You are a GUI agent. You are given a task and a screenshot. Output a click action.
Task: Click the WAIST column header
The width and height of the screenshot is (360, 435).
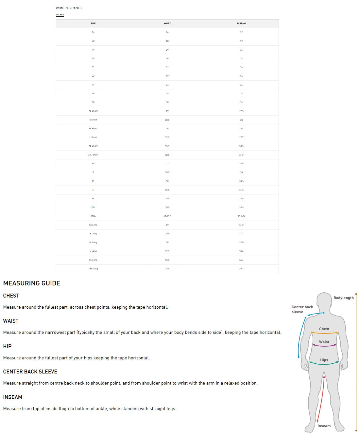[167, 24]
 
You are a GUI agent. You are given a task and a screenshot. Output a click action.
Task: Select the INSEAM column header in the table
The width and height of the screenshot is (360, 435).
[241, 24]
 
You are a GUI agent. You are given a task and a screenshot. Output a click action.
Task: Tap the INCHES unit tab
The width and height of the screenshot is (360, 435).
[60, 15]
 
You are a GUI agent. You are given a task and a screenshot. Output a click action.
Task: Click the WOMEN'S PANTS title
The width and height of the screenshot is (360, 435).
[69, 8]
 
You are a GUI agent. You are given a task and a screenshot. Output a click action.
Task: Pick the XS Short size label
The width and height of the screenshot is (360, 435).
[93, 111]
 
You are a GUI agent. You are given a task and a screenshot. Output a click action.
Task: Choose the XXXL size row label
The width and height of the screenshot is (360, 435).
[93, 216]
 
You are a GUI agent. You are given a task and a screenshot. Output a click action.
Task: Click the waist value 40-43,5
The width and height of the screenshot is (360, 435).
[167, 216]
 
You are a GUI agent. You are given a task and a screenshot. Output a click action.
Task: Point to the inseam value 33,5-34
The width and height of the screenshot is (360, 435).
[241, 216]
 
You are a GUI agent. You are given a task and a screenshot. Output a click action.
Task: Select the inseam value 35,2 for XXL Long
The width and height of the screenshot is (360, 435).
[241, 269]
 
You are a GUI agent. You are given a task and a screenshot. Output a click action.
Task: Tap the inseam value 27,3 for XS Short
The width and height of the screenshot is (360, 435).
[241, 111]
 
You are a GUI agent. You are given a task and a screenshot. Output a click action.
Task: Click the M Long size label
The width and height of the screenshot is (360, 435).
[93, 243]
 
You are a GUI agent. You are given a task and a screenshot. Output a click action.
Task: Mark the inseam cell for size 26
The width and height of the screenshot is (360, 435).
[241, 32]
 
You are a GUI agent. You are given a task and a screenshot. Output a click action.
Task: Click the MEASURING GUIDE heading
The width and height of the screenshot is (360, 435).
[32, 283]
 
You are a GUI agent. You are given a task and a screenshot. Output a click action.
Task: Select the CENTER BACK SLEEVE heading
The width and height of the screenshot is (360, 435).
[30, 372]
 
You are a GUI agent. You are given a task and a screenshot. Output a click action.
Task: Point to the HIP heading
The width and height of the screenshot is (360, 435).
[7, 346]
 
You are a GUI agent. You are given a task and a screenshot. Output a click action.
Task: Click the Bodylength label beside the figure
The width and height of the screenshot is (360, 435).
[343, 298]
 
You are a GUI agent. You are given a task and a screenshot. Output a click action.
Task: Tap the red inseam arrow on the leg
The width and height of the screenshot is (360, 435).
[320, 399]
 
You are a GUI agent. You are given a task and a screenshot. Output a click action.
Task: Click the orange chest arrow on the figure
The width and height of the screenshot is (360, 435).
[324, 333]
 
